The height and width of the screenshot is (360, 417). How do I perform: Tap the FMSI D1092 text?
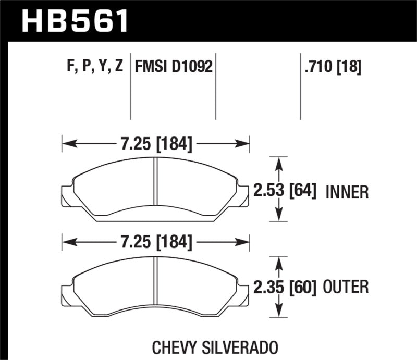(x=174, y=67)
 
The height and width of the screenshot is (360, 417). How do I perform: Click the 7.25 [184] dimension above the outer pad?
(x=156, y=243)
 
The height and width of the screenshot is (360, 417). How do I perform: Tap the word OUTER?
(x=346, y=287)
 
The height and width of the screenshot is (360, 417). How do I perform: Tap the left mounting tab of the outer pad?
(x=67, y=292)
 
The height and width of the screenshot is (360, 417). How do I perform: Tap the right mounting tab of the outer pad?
(x=243, y=292)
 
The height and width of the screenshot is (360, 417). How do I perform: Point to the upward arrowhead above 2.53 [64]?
(x=280, y=162)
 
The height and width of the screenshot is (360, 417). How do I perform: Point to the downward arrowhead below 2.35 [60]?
(x=280, y=312)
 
